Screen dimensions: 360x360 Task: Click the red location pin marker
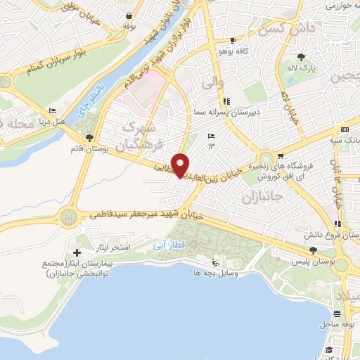coord(181,165)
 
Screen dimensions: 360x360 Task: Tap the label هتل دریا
coord(70,122)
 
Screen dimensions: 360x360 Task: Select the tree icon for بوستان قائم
coord(89,137)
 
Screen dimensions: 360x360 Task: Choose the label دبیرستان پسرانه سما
coord(228,112)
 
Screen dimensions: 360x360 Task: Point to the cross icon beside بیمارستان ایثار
coord(77,252)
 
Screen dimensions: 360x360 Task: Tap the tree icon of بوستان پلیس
coord(313,250)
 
